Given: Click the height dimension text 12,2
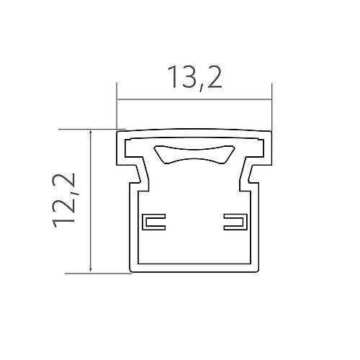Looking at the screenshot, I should [x=66, y=199].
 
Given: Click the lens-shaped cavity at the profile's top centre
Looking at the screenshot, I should [x=194, y=153].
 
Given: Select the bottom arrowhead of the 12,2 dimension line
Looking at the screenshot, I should [x=90, y=269].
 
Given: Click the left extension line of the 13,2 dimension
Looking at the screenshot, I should [x=117, y=108].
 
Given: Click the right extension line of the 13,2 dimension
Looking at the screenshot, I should [x=271, y=108].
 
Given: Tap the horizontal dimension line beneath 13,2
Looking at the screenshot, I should [x=194, y=99].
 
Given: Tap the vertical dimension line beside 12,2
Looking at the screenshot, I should [x=90, y=202].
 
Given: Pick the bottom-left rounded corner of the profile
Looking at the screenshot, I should [x=131, y=271].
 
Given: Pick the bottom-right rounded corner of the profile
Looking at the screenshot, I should [x=257, y=271].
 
